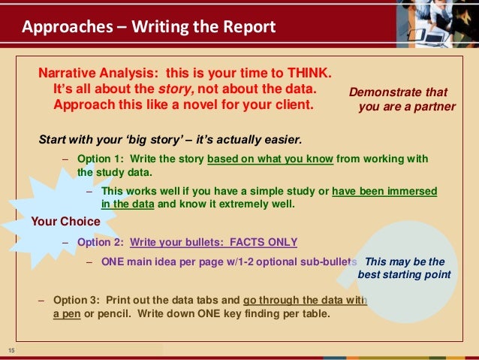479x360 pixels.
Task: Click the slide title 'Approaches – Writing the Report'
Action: (149, 28)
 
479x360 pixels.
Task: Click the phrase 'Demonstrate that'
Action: (398, 92)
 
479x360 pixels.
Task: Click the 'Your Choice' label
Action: (65, 222)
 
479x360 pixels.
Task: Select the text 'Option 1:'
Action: (101, 159)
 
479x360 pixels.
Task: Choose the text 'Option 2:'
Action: (101, 242)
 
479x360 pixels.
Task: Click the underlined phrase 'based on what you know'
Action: (270, 159)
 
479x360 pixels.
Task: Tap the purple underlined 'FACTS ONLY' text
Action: (264, 242)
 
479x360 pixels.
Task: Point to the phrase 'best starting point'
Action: (405, 275)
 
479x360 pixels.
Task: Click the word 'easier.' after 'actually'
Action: (281, 139)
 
